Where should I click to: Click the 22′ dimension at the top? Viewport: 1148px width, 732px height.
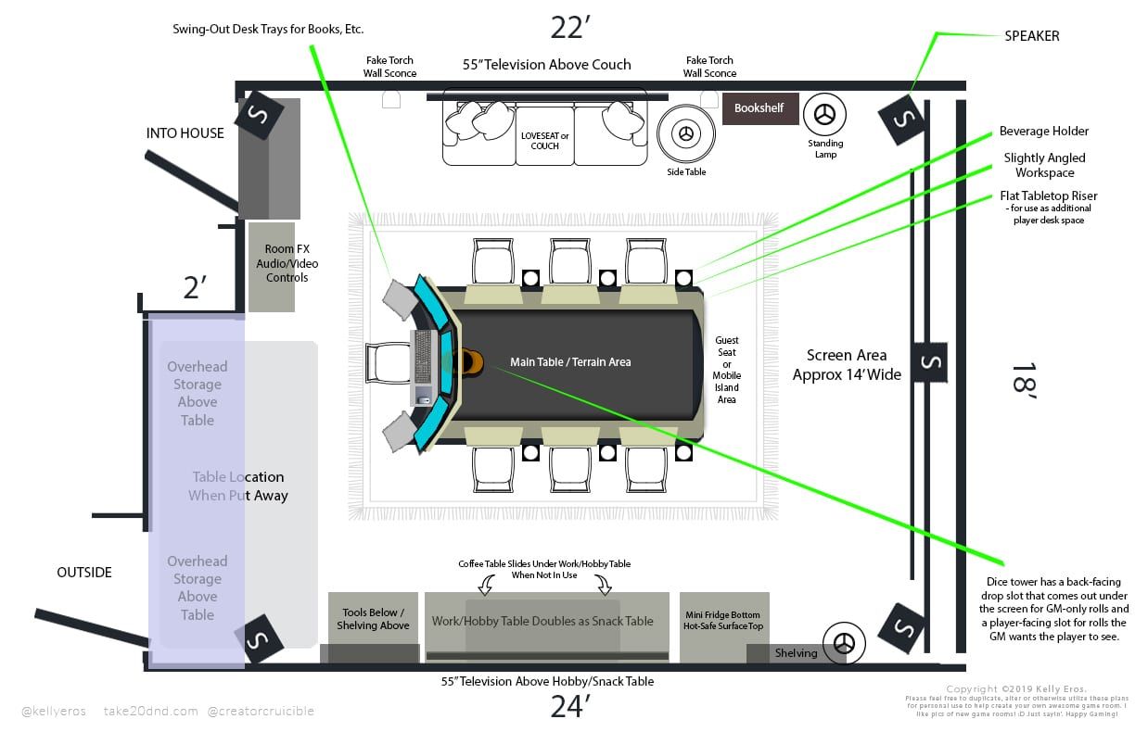(x=569, y=28)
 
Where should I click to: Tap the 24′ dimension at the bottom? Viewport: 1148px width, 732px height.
(x=569, y=707)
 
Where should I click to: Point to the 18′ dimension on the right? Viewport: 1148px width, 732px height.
(x=1024, y=380)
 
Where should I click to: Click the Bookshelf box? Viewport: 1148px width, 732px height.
(x=759, y=108)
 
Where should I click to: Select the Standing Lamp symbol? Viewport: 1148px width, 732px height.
(x=823, y=115)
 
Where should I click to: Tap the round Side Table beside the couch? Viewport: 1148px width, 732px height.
(x=686, y=134)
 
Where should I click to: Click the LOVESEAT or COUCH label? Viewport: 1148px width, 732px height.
(x=545, y=141)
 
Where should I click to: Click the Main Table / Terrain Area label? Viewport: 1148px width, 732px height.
(x=570, y=362)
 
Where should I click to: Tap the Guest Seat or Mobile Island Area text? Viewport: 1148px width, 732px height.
(x=727, y=370)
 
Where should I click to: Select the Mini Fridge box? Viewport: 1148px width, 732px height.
(x=723, y=626)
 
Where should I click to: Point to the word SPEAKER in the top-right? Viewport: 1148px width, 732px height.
(x=1031, y=36)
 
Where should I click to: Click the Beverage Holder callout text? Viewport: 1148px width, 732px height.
(x=1044, y=132)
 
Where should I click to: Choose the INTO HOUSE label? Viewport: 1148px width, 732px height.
(x=185, y=133)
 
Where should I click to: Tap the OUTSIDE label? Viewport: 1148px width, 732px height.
(x=84, y=573)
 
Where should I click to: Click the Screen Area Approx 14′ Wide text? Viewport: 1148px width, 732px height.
(x=847, y=365)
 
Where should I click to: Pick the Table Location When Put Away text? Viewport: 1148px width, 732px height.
(x=238, y=486)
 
